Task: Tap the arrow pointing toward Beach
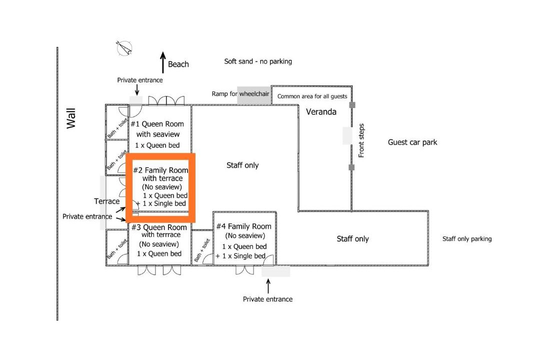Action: tap(162, 62)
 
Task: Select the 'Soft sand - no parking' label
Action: tap(258, 61)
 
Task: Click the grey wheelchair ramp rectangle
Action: tap(253, 97)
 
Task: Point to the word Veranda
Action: tap(321, 112)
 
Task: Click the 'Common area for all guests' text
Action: tap(312, 96)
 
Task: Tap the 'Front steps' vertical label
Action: tap(361, 140)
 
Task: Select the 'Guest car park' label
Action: tap(412, 142)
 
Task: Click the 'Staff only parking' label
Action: tap(467, 239)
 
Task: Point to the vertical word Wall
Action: tap(71, 118)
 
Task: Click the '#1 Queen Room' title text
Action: tap(157, 124)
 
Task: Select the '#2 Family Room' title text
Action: tap(161, 170)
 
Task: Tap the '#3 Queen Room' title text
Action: tap(159, 227)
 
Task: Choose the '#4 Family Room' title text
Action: tap(243, 226)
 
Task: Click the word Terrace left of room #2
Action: tap(107, 201)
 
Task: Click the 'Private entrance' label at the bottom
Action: tap(267, 299)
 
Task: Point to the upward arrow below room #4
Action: tap(268, 286)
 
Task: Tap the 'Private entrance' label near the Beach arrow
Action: tap(140, 80)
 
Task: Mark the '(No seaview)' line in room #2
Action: tap(161, 187)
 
